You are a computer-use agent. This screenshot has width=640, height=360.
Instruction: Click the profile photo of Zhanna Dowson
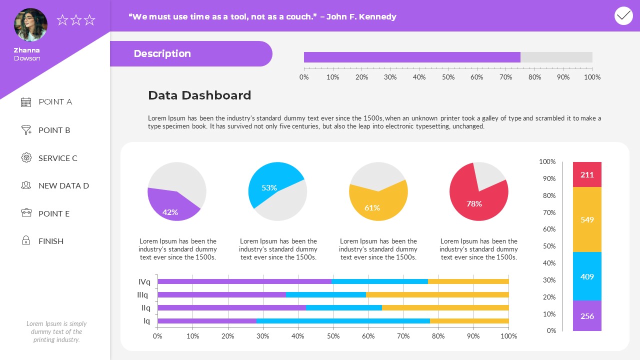pyautogui.click(x=31, y=25)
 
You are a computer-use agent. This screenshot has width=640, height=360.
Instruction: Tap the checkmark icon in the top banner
pyautogui.click(x=623, y=16)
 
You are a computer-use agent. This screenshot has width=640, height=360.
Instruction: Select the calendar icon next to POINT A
pyautogui.click(x=26, y=102)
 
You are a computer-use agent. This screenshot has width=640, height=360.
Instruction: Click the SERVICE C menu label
pyautogui.click(x=58, y=158)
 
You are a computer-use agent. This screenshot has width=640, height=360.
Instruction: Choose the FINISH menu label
pyautogui.click(x=51, y=241)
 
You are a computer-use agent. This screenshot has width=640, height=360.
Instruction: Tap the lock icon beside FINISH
pyautogui.click(x=26, y=240)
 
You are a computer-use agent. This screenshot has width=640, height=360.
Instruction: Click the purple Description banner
pyautogui.click(x=190, y=53)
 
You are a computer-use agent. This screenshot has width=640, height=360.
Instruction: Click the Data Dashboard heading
pyautogui.click(x=199, y=95)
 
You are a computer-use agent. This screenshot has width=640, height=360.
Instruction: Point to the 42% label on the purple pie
pyautogui.click(x=170, y=212)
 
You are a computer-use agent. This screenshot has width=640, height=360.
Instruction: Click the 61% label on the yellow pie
pyautogui.click(x=372, y=207)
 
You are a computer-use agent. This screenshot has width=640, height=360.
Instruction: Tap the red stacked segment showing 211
pyautogui.click(x=587, y=174)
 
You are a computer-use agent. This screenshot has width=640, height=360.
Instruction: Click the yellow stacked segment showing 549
pyautogui.click(x=587, y=219)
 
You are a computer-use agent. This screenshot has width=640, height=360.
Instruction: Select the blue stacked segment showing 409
pyautogui.click(x=587, y=276)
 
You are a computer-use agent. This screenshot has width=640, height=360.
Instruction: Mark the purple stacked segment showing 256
pyautogui.click(x=587, y=316)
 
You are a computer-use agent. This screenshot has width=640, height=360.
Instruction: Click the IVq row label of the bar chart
pyautogui.click(x=144, y=281)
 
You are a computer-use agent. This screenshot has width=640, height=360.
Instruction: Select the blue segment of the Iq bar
pyautogui.click(x=342, y=321)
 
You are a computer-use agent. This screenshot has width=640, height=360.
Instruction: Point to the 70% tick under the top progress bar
pyautogui.click(x=506, y=77)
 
